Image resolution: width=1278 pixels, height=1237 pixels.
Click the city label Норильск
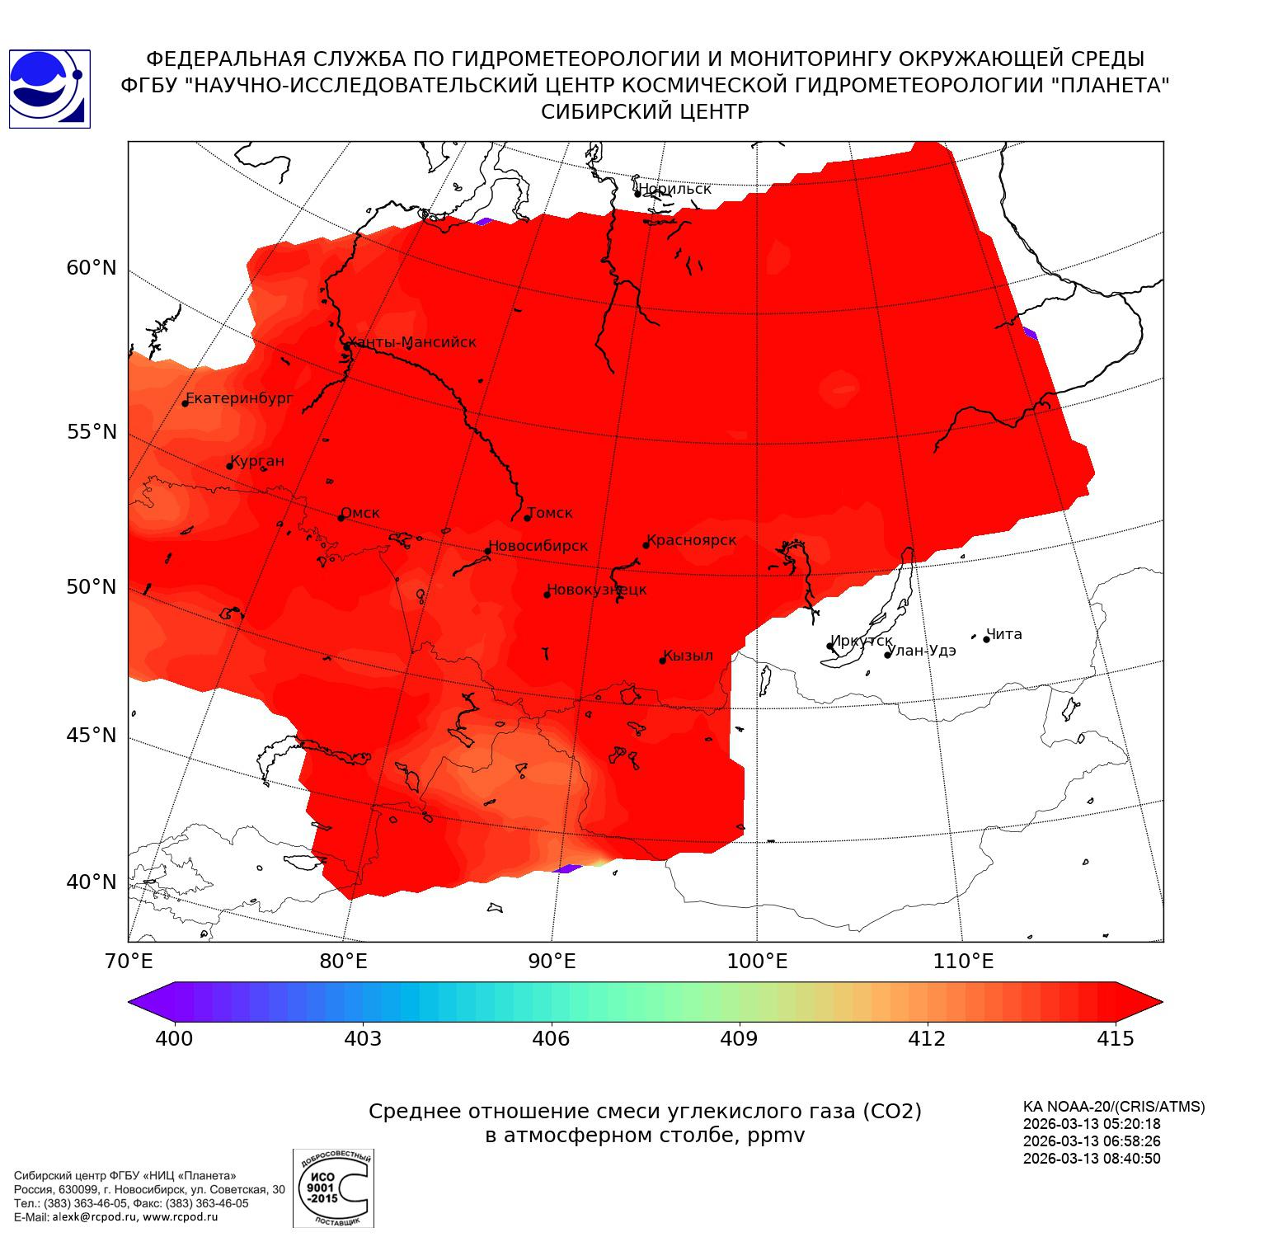[674, 189]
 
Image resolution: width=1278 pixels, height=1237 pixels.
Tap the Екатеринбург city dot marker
[186, 402]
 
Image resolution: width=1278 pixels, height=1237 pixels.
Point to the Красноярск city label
[691, 540]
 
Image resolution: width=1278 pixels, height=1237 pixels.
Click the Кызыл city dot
[662, 660]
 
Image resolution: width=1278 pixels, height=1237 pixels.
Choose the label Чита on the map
[1003, 634]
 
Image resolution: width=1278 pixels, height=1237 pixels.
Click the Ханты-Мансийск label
[411, 342]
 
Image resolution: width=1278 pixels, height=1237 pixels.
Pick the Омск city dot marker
[341, 518]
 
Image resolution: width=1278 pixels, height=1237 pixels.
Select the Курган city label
[256, 461]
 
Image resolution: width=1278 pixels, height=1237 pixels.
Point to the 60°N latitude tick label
[92, 268]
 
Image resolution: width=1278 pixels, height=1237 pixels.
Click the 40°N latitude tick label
[92, 882]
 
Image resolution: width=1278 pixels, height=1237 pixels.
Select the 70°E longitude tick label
[129, 961]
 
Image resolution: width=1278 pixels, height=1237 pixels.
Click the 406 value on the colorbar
[551, 1039]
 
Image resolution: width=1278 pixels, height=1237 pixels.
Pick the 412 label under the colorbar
[927, 1039]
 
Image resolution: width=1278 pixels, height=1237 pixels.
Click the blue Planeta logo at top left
[49, 88]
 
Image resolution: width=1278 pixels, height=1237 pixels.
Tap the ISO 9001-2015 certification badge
[333, 1188]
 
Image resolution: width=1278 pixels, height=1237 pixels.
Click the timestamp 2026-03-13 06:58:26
[1092, 1141]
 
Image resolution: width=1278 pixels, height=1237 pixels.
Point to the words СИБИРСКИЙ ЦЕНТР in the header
[645, 112]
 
